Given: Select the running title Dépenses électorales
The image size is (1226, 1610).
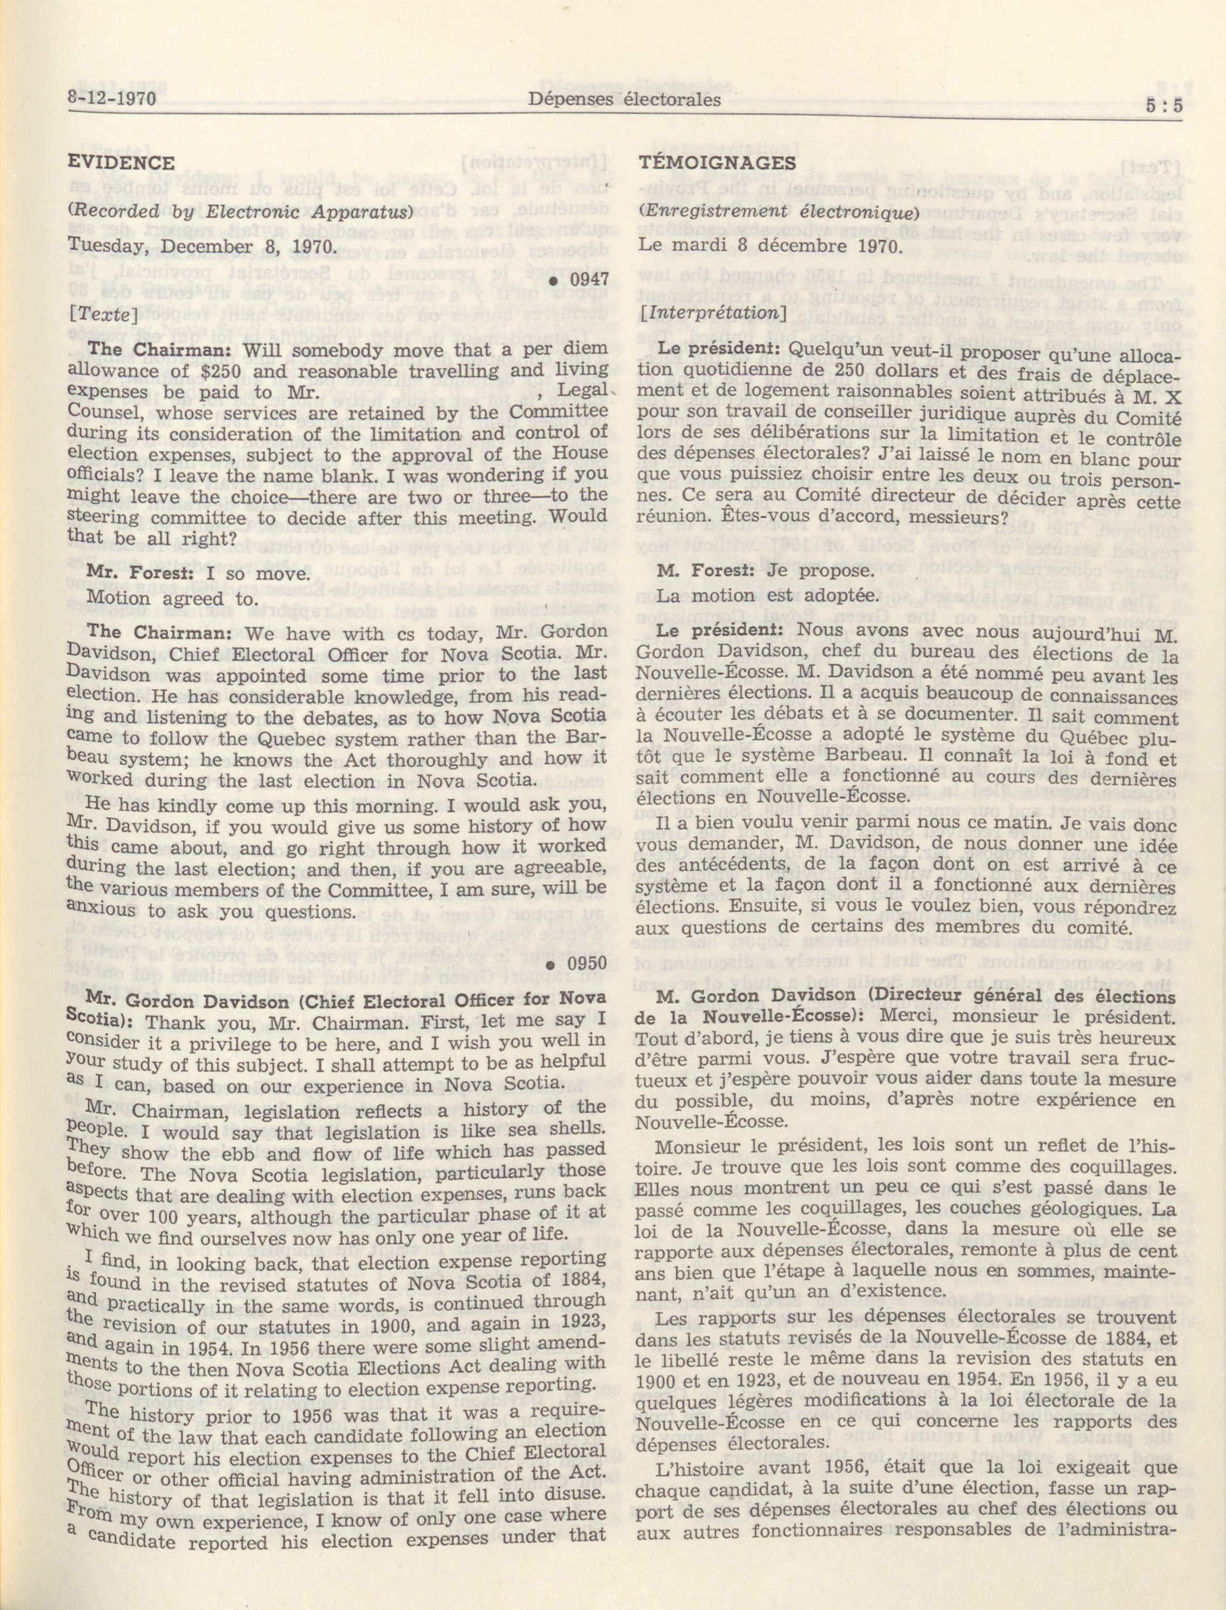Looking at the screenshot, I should pyautogui.click(x=625, y=99).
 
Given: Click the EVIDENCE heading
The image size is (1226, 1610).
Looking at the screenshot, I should pyautogui.click(x=121, y=162).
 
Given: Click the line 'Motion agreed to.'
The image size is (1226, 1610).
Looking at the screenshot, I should pyautogui.click(x=173, y=598).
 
